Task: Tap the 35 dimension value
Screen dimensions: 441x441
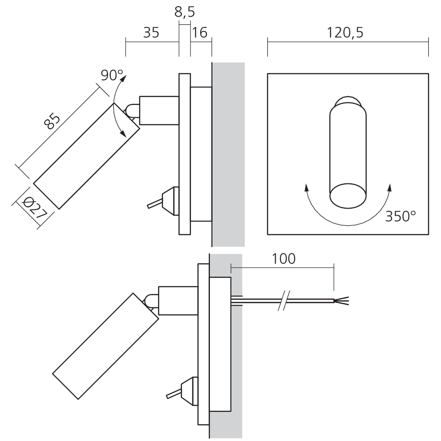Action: tap(151, 33)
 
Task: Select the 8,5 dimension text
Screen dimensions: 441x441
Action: tap(185, 12)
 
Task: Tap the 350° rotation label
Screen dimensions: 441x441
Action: tap(400, 216)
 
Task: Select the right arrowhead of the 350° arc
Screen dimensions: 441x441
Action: tap(389, 187)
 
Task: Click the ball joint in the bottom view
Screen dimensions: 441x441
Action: tap(150, 301)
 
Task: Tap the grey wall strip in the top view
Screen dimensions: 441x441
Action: tap(228, 154)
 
